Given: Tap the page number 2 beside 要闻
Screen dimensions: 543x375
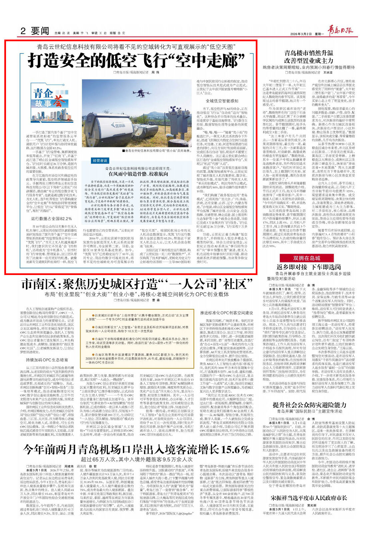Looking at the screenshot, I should click(x=23, y=31).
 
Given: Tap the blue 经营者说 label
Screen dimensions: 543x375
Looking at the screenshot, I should click(x=100, y=161).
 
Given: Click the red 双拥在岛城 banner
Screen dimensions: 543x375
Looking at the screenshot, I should click(x=306, y=258).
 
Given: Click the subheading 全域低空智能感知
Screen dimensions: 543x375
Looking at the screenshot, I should click(x=222, y=101).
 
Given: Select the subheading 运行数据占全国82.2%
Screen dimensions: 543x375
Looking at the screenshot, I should click(x=51, y=218).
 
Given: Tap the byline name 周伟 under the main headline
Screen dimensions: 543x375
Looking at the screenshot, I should click(x=155, y=72).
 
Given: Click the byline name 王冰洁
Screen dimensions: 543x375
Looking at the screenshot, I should click(x=328, y=72).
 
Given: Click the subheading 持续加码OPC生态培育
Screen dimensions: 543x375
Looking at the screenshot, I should click(x=47, y=360).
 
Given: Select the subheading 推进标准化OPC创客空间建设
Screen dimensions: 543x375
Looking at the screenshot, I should click(x=226, y=313).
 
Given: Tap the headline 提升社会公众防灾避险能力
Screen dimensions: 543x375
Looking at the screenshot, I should click(x=309, y=405).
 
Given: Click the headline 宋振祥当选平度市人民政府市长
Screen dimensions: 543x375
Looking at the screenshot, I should click(x=309, y=498).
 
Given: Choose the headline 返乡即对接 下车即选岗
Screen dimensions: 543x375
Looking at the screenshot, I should click(x=309, y=267).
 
